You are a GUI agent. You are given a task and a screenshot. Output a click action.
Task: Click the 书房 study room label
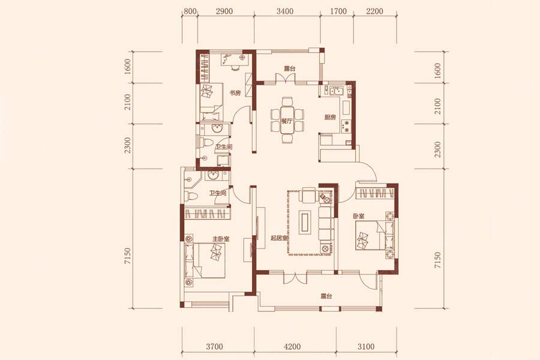235,92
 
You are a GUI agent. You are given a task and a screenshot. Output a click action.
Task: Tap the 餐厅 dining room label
287,121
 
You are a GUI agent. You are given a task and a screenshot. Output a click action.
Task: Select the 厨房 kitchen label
330,118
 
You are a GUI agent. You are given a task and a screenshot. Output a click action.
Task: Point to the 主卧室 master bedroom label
221,239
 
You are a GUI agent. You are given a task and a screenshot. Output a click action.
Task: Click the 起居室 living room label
279,238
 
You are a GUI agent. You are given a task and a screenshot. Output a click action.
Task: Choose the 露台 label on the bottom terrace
326,296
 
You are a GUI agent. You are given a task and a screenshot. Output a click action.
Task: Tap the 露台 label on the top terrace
290,68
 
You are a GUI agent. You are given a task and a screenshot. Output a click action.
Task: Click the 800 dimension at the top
190,11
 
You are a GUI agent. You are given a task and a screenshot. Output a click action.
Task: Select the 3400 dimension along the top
285,11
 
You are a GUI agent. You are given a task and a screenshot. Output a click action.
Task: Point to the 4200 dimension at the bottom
292,347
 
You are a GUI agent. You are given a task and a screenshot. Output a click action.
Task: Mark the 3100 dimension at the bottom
366,347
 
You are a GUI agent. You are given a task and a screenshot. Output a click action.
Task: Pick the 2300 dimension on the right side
437,149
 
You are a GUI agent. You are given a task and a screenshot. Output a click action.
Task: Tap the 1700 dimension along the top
338,11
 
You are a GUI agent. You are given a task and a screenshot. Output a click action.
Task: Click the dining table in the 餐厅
287,120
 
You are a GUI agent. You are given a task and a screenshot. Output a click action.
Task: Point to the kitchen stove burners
346,126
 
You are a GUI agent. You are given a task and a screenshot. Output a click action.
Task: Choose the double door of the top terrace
287,78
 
